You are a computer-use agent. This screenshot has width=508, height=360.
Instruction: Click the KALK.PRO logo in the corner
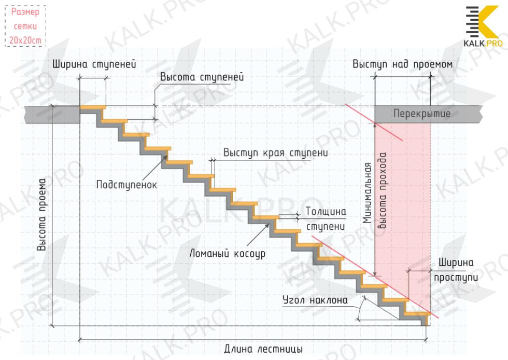[x=484, y=27]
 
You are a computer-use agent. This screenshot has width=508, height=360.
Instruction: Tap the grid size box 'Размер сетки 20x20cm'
[x=25, y=26]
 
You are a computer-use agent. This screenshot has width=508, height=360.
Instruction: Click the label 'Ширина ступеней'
[x=94, y=65]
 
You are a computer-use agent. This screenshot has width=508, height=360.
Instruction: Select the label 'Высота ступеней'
[x=202, y=77]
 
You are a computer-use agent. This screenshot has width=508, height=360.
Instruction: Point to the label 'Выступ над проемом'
[x=402, y=65]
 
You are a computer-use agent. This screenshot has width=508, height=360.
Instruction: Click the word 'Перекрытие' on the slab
[x=421, y=114]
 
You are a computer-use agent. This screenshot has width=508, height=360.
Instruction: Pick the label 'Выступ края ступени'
[x=275, y=153]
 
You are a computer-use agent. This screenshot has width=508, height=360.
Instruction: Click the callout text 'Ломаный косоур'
[x=228, y=254]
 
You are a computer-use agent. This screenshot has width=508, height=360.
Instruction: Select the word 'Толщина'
[x=326, y=212]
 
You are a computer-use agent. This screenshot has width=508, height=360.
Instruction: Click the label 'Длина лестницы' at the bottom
[x=263, y=349]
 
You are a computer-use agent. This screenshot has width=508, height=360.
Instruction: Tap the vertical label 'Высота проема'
[x=42, y=215]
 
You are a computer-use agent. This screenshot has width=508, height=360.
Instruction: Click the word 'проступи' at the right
[x=456, y=277]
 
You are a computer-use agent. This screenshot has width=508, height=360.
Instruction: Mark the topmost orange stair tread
[x=93, y=108]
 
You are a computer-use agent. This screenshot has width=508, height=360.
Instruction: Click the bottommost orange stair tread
[x=418, y=314]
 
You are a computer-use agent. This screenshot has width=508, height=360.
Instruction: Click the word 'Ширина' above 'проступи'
[x=456, y=262]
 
